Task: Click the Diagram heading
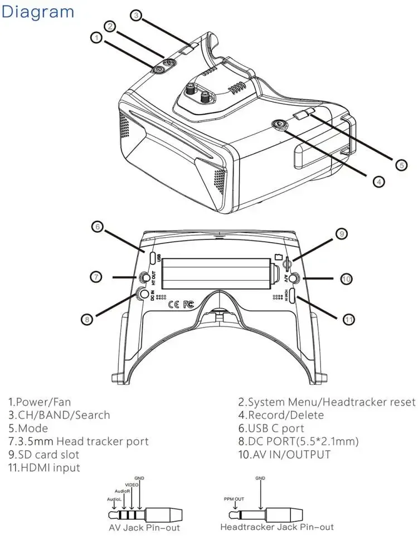click(38, 12)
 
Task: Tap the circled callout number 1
click(96, 38)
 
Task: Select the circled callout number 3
click(136, 15)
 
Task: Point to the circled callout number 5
click(401, 164)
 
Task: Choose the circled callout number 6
click(97, 227)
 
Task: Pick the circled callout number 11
click(349, 319)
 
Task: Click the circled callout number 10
click(346, 278)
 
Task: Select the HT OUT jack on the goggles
click(147, 277)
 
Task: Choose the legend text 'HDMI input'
click(44, 468)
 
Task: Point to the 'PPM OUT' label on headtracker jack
click(234, 499)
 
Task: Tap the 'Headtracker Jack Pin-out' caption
click(277, 527)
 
